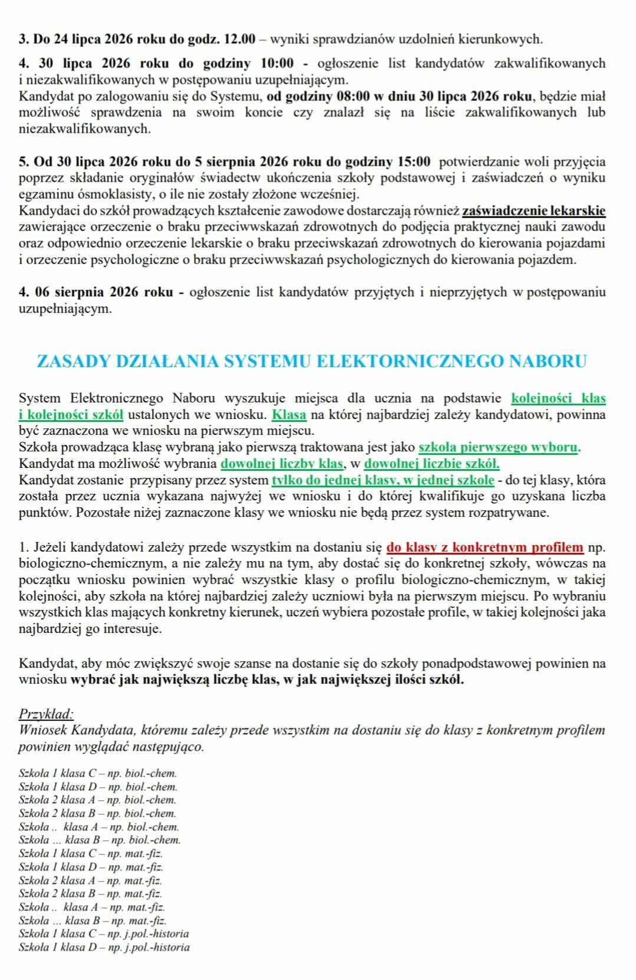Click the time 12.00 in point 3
240,39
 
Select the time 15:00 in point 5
411,161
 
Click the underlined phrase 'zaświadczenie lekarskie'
533,210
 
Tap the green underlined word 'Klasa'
289,414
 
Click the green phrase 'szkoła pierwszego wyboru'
499,447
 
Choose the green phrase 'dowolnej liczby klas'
281,463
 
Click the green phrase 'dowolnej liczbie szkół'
431,463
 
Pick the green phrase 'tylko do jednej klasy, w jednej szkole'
383,480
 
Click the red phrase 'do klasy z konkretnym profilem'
485,547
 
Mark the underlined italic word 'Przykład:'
46,714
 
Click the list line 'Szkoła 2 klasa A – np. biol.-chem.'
97,800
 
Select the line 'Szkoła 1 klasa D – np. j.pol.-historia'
104,947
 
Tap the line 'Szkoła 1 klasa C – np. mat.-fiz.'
91,853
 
